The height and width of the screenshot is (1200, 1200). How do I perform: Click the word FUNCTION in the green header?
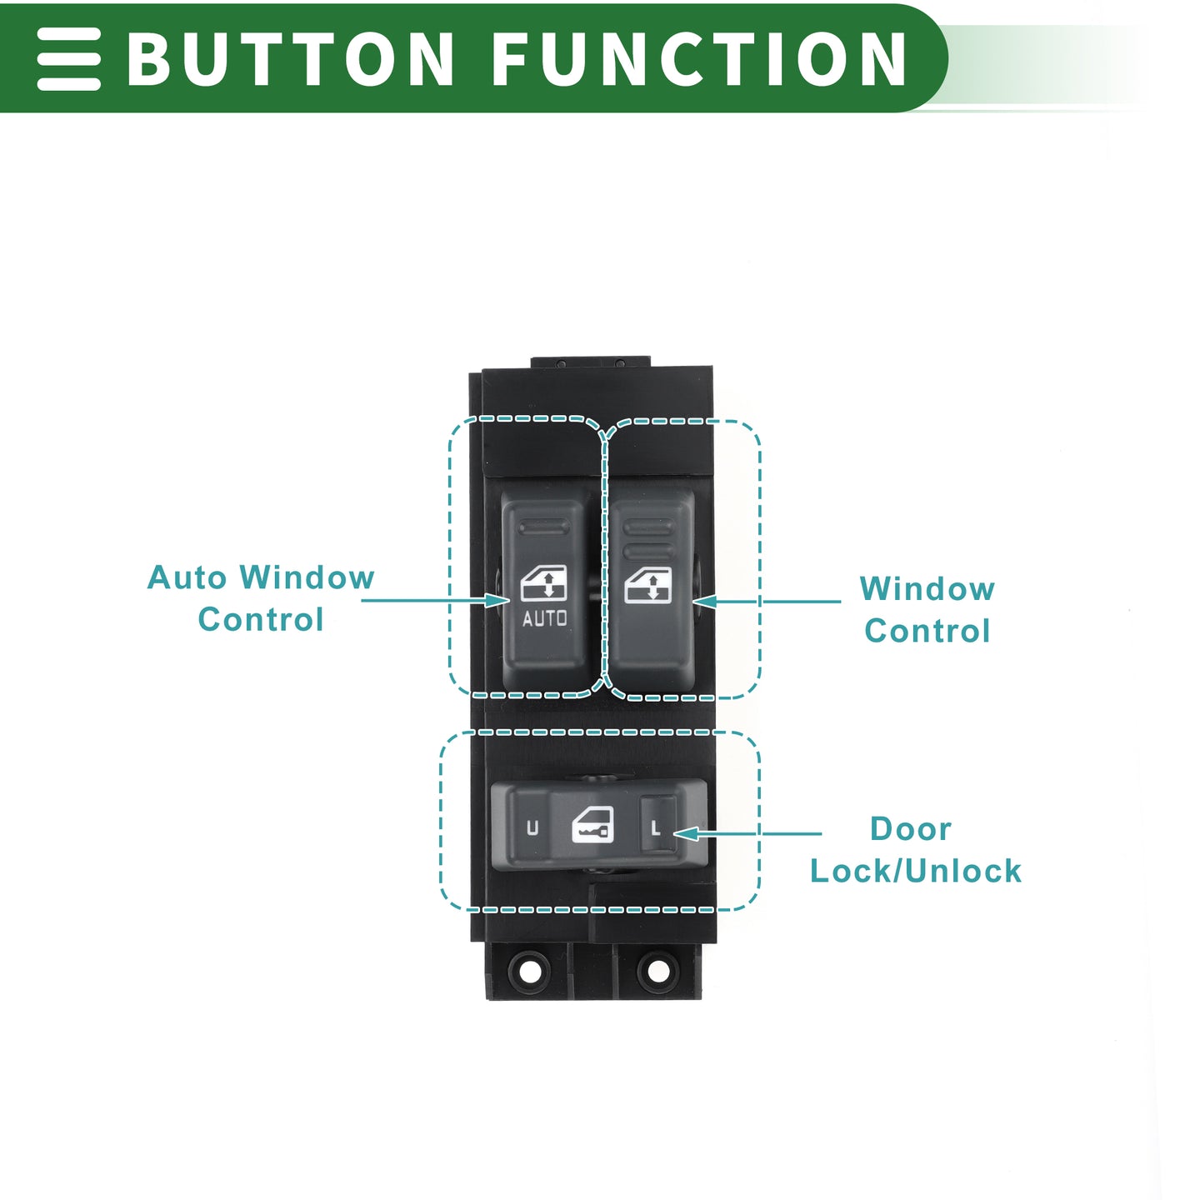[698, 58]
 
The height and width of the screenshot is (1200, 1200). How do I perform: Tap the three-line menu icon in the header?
[68, 58]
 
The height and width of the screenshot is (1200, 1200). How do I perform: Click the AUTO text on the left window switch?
[544, 618]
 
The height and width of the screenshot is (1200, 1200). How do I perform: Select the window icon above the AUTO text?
[543, 582]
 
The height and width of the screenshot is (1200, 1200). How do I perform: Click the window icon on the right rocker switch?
[648, 585]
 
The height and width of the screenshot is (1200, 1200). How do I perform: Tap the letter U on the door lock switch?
[532, 827]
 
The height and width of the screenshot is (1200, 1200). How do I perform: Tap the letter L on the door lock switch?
[654, 827]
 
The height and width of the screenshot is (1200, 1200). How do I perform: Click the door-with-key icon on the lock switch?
[592, 825]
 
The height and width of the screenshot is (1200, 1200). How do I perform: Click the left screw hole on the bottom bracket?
[530, 970]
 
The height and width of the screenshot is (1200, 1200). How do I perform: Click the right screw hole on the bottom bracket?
[658, 970]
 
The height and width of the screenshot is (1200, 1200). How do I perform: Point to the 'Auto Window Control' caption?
[261, 598]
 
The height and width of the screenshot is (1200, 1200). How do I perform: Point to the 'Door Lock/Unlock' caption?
[915, 849]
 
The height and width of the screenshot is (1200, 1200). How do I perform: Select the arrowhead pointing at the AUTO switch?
[497, 600]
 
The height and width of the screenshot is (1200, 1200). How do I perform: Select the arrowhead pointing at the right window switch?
[705, 602]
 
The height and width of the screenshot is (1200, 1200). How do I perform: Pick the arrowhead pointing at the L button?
[686, 834]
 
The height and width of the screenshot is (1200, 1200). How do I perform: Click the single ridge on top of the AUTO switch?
[544, 528]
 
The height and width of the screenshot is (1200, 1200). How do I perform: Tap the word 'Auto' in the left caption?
[187, 577]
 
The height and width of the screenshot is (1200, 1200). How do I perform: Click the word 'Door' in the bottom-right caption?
[911, 829]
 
